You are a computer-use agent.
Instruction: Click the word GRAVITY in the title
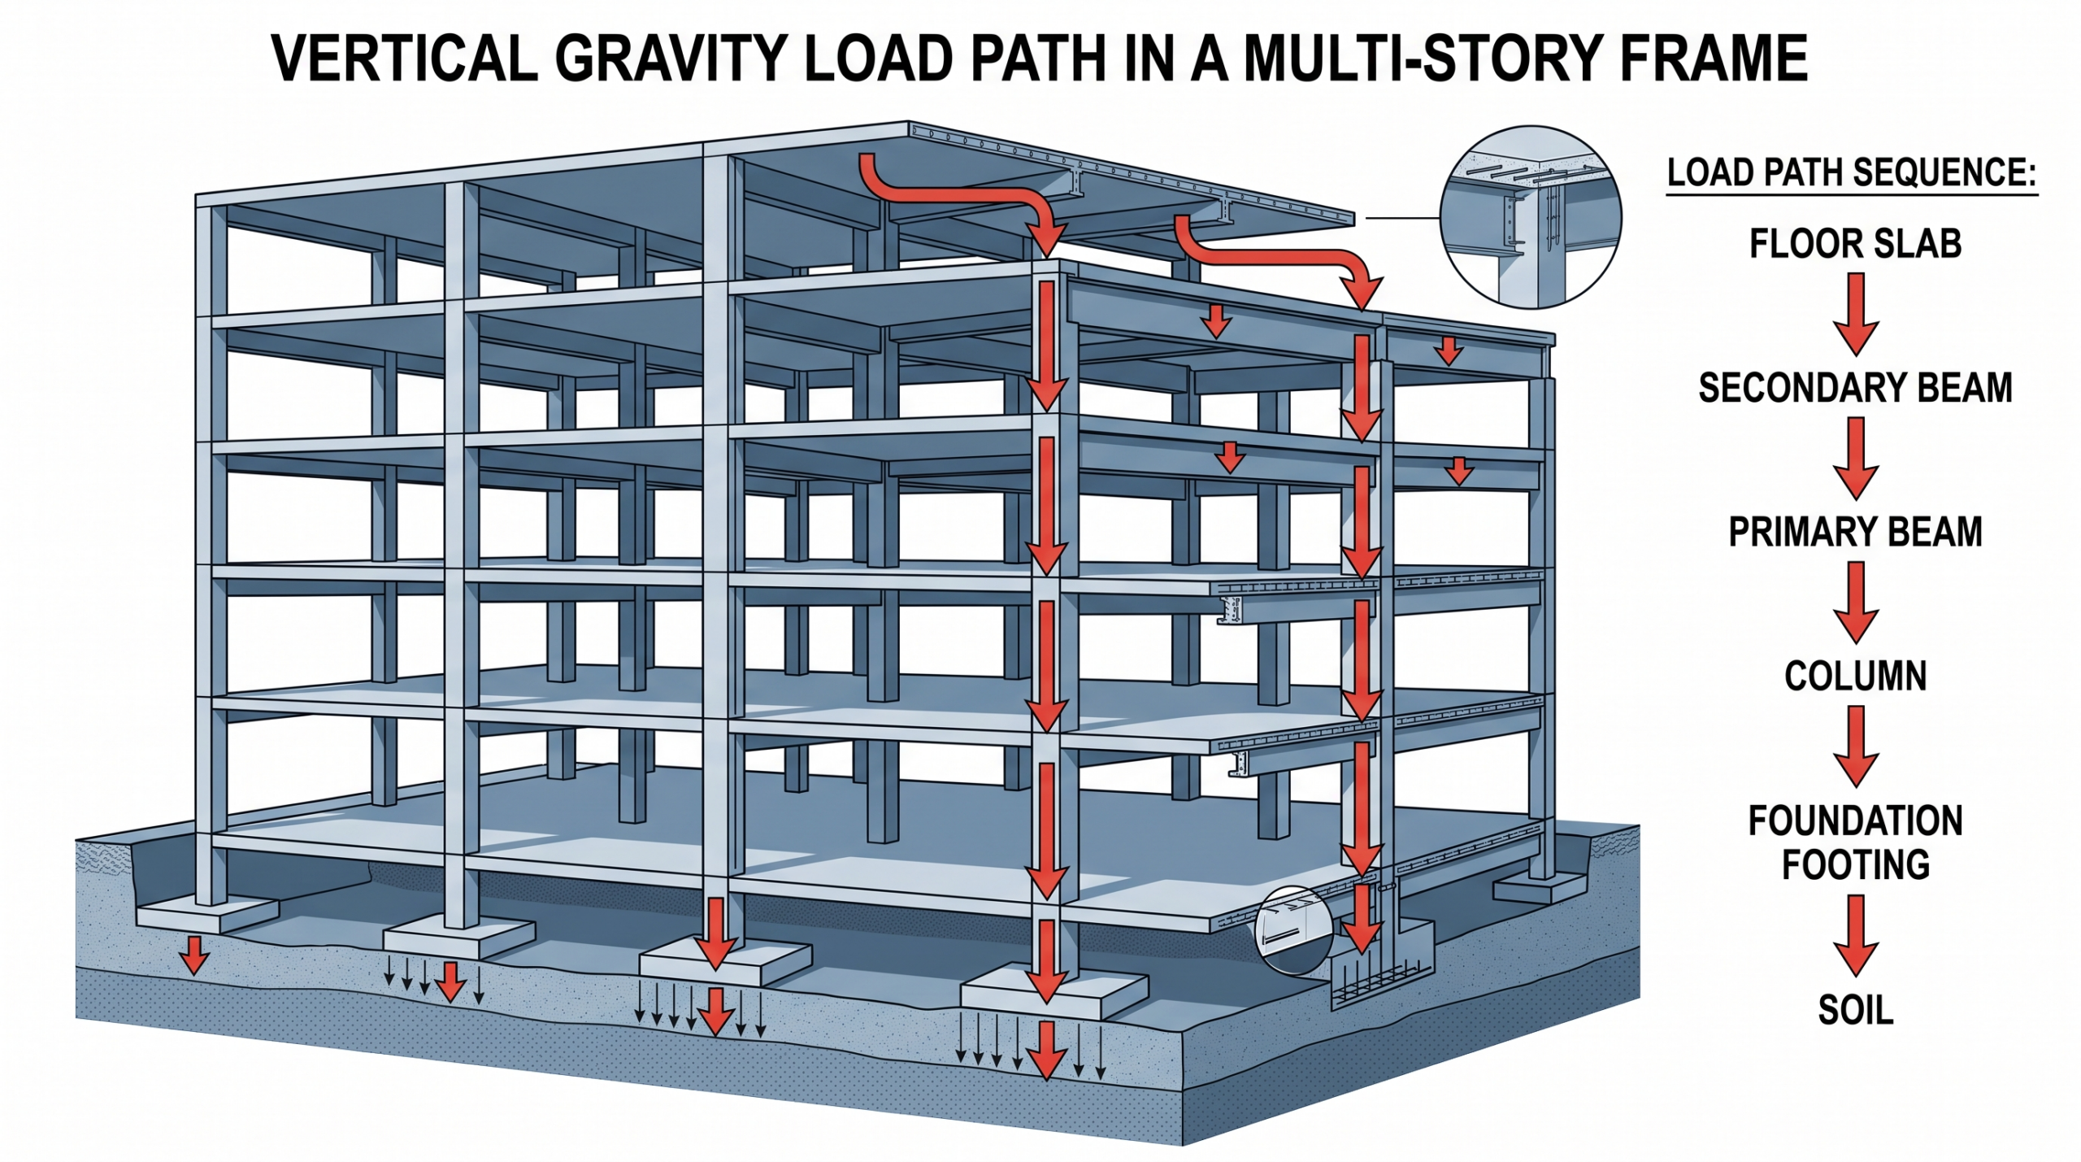tap(669, 59)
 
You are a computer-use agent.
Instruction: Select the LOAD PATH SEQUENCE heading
tap(1853, 173)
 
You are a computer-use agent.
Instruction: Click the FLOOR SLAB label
tap(1856, 244)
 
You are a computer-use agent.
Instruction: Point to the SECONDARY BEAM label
tap(1856, 388)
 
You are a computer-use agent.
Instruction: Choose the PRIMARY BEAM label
tap(1856, 532)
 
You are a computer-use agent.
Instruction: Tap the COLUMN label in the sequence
tap(1856, 676)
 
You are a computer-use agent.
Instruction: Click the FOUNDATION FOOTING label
tap(1856, 842)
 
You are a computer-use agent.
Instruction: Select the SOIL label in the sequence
tap(1856, 1010)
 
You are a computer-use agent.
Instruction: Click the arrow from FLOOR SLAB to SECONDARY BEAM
tap(1856, 315)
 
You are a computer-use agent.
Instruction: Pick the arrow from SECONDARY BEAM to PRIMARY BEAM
tap(1856, 459)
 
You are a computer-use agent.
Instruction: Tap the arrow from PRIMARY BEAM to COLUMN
tap(1856, 603)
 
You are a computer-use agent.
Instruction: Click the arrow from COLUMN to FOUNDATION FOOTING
tap(1856, 746)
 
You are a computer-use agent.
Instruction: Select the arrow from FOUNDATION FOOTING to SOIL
tap(1856, 936)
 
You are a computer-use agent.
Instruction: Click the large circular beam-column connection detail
tap(1531, 217)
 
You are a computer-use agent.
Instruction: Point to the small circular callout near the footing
tap(1294, 929)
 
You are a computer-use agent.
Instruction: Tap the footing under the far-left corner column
tap(207, 915)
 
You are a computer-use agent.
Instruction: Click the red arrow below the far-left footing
tap(193, 955)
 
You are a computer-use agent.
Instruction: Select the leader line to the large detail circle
tap(1403, 218)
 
